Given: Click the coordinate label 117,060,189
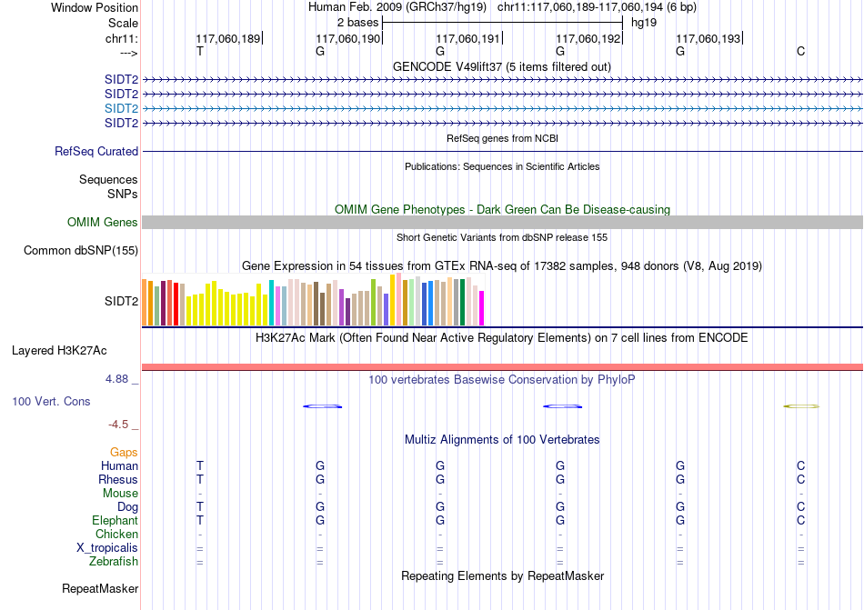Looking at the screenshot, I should point(227,38).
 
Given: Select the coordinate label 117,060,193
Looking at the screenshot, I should point(708,38).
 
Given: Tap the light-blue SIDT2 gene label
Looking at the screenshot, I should point(121,108).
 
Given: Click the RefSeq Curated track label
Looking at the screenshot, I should point(96,152).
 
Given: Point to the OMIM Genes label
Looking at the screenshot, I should point(103,223).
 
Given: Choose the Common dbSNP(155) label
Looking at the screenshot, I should point(81,251).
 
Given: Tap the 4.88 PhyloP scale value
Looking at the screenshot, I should point(122,379).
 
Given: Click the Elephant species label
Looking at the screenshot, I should point(115,521).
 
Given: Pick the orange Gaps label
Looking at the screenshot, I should point(124,452).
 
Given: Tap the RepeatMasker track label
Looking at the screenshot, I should point(100,589).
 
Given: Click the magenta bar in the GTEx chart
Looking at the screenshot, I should point(482,308).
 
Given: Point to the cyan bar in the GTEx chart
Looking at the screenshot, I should point(272,303).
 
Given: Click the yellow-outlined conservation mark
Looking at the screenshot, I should point(801,406).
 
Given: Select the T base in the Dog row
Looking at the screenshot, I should point(200,506).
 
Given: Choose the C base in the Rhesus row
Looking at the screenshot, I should point(800,479).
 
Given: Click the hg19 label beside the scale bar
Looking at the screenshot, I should point(644,22).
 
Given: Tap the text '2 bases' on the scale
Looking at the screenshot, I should point(357,22).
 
